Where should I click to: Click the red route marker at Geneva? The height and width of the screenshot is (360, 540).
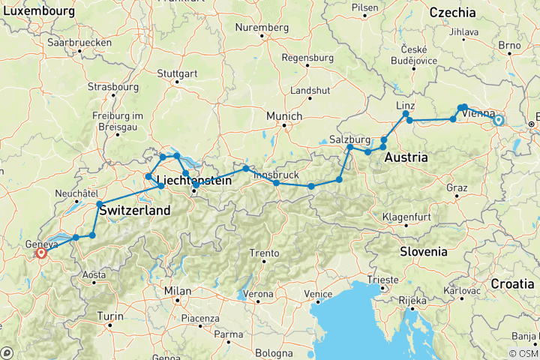tap(41, 253)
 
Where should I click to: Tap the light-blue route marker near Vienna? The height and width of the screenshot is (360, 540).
tap(498, 120)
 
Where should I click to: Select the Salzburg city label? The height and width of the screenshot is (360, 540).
tap(349, 139)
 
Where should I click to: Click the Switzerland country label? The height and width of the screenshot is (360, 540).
tap(132, 211)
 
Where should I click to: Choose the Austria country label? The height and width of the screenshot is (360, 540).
tap(406, 158)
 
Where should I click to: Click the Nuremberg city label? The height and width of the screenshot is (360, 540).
tap(262, 28)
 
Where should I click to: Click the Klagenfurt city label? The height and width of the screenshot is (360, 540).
tap(412, 217)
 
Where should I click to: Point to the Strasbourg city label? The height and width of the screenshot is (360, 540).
tap(113, 87)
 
